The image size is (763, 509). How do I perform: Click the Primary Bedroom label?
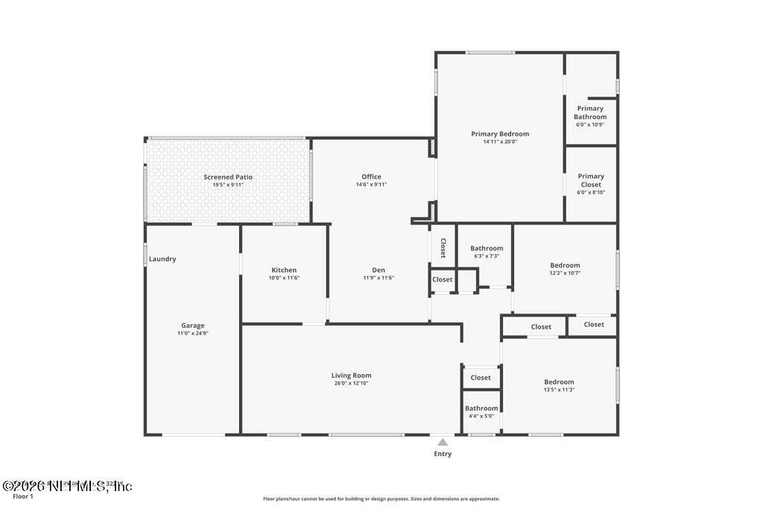500,134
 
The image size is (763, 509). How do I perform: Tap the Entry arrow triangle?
443,442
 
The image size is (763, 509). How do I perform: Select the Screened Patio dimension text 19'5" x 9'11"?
228,185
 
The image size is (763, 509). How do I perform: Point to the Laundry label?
162,259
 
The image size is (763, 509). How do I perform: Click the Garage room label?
192,326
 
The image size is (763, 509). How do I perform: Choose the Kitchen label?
284,270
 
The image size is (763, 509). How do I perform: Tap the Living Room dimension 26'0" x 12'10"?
351,383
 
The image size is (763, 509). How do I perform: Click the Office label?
371,177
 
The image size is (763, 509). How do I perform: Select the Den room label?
379,270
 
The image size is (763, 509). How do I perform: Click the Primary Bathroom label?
590,113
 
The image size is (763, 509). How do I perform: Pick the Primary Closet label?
591,180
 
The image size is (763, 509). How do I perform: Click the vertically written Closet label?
443,248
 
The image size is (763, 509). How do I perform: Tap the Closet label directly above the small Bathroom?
481,378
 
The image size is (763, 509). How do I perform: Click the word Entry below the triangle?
443,454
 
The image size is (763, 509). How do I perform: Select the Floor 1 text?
23,496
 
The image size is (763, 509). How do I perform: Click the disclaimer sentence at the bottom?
381,499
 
